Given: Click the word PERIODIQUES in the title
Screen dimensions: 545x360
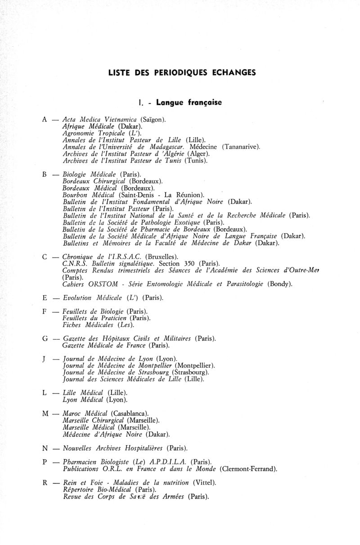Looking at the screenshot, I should click(x=167, y=72).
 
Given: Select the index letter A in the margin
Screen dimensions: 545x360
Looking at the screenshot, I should click(x=44, y=120).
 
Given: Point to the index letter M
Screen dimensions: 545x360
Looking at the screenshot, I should click(x=45, y=413).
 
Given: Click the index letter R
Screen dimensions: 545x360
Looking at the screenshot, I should click(x=45, y=483).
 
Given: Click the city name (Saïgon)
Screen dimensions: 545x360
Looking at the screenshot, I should click(x=153, y=120).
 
